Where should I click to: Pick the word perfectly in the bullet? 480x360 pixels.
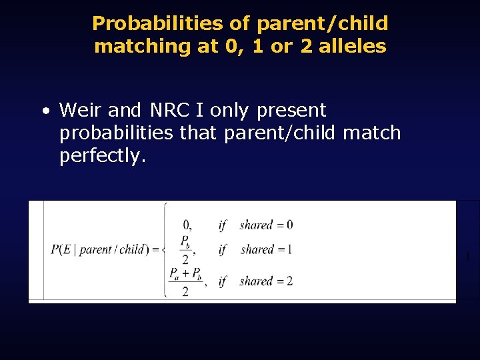tap(101, 156)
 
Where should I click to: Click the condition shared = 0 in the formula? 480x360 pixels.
tap(265, 225)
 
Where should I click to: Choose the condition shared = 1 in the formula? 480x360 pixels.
tap(265, 250)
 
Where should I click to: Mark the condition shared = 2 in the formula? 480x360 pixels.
tap(265, 281)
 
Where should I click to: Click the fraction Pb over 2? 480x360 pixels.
tap(185, 249)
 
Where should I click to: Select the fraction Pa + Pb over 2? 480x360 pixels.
tap(185, 281)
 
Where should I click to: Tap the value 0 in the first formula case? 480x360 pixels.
tap(187, 225)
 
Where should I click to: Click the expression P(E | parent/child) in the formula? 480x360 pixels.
tap(100, 250)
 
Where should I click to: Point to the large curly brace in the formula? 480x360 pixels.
tap(165, 250)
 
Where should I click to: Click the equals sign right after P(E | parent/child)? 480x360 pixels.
tap(155, 250)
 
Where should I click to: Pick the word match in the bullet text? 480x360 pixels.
tap(371, 133)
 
